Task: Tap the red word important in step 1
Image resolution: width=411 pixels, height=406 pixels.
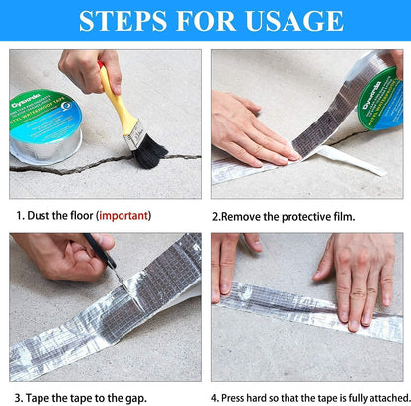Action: (123, 214)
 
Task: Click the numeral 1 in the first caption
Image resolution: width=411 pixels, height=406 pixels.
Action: (17, 214)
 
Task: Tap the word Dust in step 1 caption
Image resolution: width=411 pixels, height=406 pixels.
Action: (40, 214)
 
